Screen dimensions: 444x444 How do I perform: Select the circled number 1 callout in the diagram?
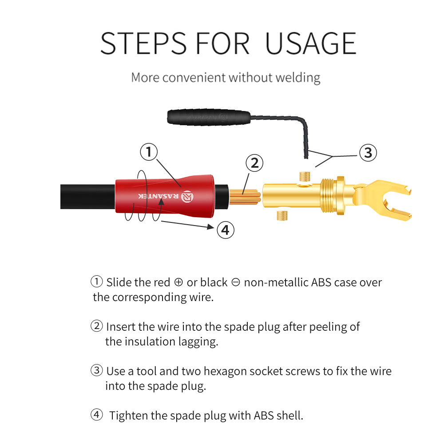pos(149,152)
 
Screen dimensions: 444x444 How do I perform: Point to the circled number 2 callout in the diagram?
pos(254,163)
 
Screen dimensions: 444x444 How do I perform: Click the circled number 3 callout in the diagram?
pos(368,153)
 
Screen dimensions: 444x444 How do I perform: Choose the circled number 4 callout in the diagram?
pos(225,230)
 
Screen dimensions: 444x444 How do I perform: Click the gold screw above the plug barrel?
pos(305,176)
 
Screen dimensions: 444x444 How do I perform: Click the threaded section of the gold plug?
pos(329,195)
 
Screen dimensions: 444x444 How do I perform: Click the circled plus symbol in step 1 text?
pos(178,282)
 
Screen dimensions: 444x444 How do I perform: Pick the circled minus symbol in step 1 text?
pos(236,282)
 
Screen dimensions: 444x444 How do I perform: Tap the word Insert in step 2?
pos(121,327)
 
